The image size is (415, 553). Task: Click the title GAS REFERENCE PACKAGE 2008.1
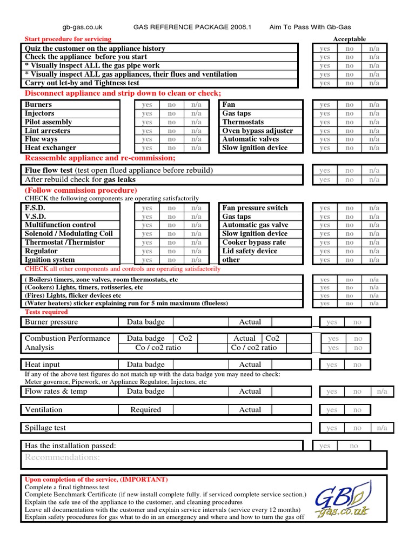193,28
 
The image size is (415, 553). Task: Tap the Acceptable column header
349,39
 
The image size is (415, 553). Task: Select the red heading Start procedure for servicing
68,39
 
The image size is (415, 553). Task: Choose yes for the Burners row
147,105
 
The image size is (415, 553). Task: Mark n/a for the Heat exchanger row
196,148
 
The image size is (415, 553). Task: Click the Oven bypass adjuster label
258,131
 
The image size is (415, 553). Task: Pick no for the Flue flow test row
350,171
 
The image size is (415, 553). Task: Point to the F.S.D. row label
36,208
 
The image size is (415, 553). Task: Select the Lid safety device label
250,251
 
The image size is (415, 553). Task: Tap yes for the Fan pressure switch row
325,208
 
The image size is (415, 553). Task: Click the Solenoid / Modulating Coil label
69,234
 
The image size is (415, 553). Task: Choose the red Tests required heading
46,312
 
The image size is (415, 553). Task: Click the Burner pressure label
51,322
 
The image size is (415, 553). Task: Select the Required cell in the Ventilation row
146,410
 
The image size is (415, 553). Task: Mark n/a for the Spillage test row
382,428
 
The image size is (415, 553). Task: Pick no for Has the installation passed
354,446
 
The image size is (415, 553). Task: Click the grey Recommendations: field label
62,458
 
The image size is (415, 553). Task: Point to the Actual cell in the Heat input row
250,365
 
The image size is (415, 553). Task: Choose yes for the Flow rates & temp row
332,392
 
